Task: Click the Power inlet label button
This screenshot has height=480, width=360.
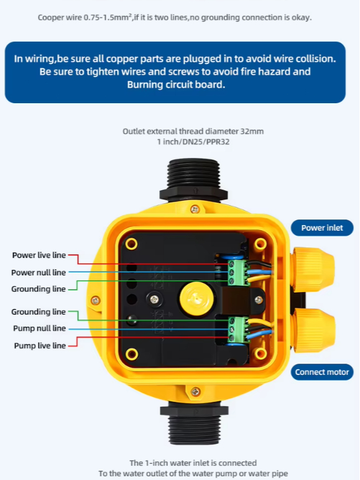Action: (322, 228)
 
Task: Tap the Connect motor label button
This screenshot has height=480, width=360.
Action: (322, 372)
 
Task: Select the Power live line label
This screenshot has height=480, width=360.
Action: (39, 255)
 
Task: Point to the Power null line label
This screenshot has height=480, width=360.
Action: (39, 272)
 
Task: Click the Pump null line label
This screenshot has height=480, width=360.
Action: (40, 328)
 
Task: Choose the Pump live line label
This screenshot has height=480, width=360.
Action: (40, 346)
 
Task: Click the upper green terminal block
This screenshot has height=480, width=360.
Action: (238, 272)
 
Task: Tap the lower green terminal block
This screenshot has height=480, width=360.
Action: (238, 330)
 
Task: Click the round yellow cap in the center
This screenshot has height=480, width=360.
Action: (196, 298)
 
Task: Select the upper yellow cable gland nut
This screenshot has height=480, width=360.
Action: (313, 269)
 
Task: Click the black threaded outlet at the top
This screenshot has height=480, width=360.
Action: (193, 180)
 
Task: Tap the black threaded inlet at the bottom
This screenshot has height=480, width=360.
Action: (194, 423)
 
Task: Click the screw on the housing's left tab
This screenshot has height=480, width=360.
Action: (96, 300)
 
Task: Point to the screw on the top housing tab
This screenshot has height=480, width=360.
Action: (195, 210)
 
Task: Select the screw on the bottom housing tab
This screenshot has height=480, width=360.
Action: (196, 392)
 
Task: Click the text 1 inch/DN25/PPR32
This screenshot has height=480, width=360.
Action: (193, 142)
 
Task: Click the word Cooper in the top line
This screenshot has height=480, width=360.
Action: (50, 18)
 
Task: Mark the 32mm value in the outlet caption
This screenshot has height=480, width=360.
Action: (252, 131)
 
